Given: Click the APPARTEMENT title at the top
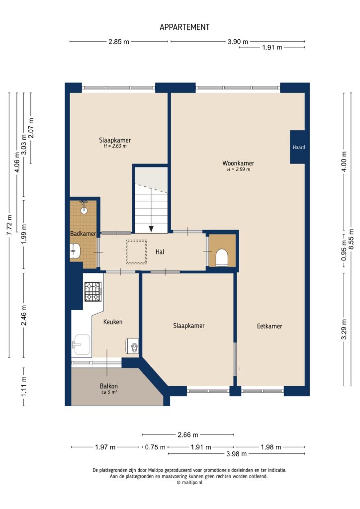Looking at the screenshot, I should point(184,27).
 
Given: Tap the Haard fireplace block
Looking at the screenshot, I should point(298,147).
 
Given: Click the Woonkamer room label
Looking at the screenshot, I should point(238,163).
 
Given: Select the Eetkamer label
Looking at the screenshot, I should point(270,326).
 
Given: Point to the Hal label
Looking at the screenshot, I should point(160,252).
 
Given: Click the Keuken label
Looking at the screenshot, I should point(112,322).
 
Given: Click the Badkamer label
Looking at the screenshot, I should point(83,234).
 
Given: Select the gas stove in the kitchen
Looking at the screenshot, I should point(92,292).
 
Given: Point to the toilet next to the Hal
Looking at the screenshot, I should point(221,257).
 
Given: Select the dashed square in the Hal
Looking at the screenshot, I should point(136,252).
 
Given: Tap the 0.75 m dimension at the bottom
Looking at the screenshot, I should point(155,447).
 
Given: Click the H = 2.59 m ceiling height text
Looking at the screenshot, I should point(238,170).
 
